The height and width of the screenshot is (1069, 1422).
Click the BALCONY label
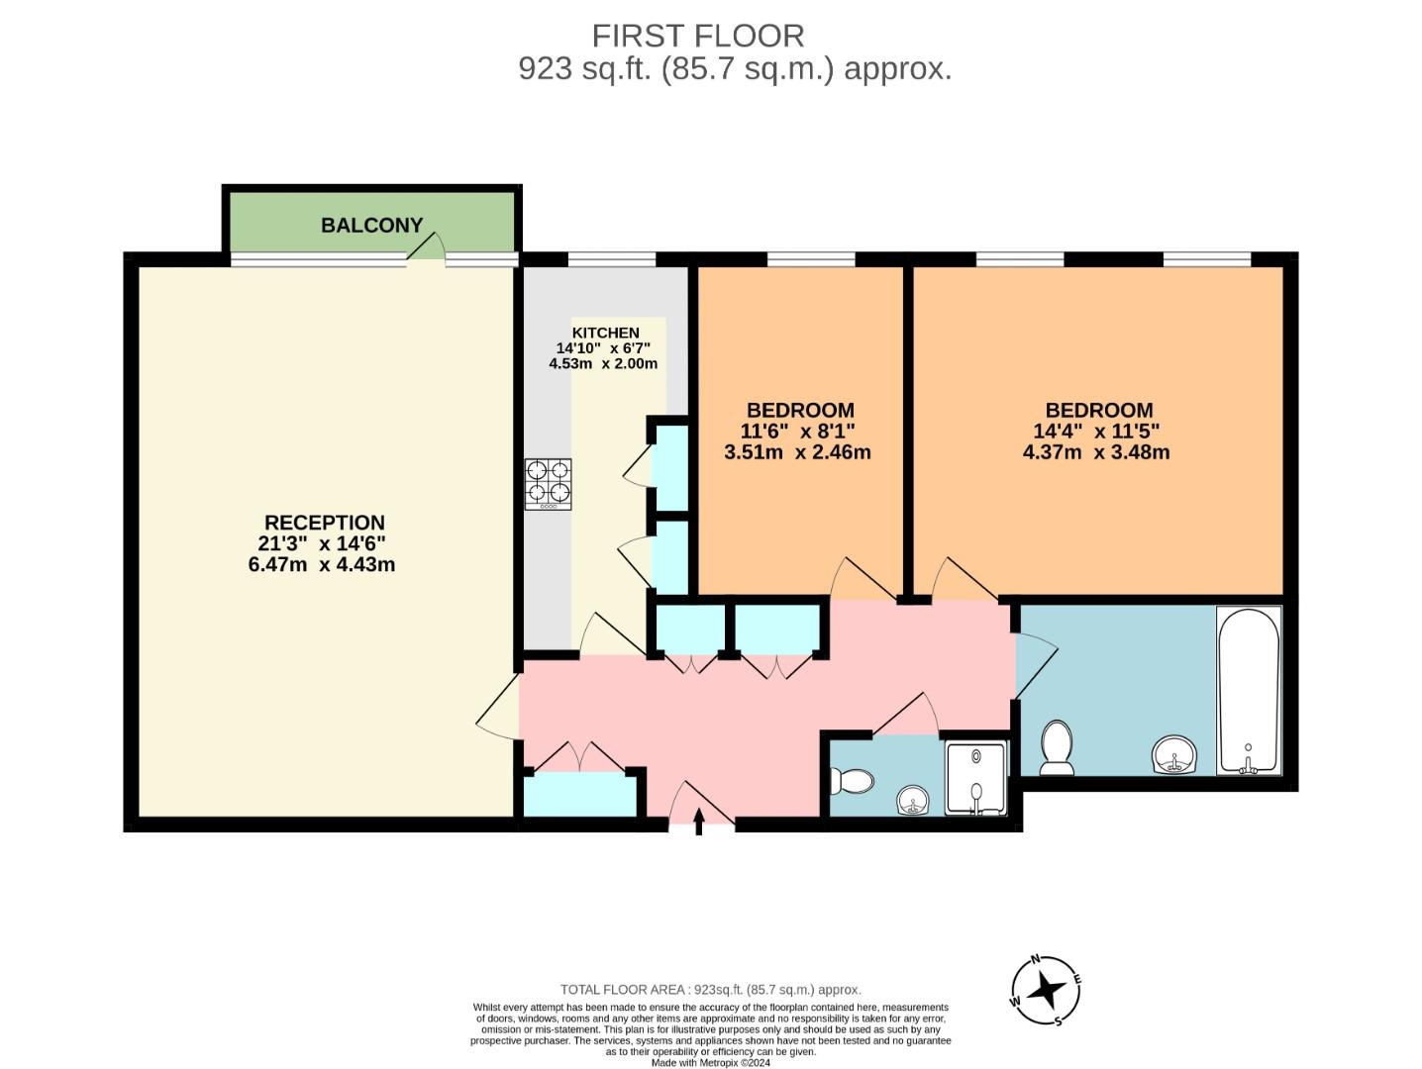[371, 226]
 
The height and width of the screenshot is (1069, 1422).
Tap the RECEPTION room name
[324, 523]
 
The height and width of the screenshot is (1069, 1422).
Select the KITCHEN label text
[605, 333]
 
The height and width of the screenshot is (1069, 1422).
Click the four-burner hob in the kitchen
[548, 484]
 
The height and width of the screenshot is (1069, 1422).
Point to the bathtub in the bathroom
[1248, 689]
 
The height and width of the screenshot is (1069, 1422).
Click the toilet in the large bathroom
[1057, 747]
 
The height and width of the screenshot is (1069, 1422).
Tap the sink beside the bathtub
[1174, 755]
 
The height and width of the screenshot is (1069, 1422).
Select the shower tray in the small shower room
[975, 777]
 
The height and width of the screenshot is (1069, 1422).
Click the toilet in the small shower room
[851, 782]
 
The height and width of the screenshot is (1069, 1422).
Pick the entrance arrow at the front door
[699, 822]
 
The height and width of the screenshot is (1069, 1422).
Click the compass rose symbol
[1046, 990]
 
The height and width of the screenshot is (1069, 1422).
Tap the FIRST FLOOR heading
[698, 36]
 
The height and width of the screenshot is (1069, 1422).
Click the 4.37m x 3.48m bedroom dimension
[1096, 452]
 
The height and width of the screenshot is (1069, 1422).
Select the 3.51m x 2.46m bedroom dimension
[797, 452]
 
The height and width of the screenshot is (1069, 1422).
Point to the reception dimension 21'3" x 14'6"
[322, 543]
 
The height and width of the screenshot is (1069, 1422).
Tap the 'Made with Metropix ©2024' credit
[710, 1063]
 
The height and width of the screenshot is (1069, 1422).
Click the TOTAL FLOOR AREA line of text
[710, 989]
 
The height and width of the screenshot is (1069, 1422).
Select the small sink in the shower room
[913, 799]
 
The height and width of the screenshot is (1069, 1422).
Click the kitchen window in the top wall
[611, 259]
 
